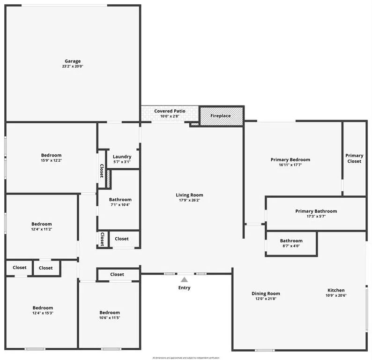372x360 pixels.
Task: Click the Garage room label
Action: coord(73,61)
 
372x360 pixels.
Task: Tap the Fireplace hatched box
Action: coord(221,116)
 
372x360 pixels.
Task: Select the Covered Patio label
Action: coord(170,111)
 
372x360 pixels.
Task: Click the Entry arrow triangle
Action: coord(185,279)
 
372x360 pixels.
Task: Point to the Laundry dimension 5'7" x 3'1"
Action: coord(122,162)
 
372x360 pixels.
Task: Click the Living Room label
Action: coord(189,195)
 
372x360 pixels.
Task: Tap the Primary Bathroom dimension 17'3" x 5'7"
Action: coord(316,217)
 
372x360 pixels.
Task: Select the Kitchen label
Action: coord(336,290)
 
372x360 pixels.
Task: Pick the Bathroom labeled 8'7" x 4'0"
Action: coord(291,241)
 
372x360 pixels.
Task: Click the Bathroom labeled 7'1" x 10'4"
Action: coord(120,200)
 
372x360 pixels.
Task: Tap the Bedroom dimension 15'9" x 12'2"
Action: coord(51,161)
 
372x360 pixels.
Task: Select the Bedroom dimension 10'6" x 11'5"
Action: coord(110,318)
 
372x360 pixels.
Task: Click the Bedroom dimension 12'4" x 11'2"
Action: coord(41,229)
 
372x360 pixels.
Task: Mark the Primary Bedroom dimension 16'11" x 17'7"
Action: coord(290,165)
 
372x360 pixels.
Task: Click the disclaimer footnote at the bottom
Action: coord(186,358)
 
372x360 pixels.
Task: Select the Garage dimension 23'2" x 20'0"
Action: coord(73,67)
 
